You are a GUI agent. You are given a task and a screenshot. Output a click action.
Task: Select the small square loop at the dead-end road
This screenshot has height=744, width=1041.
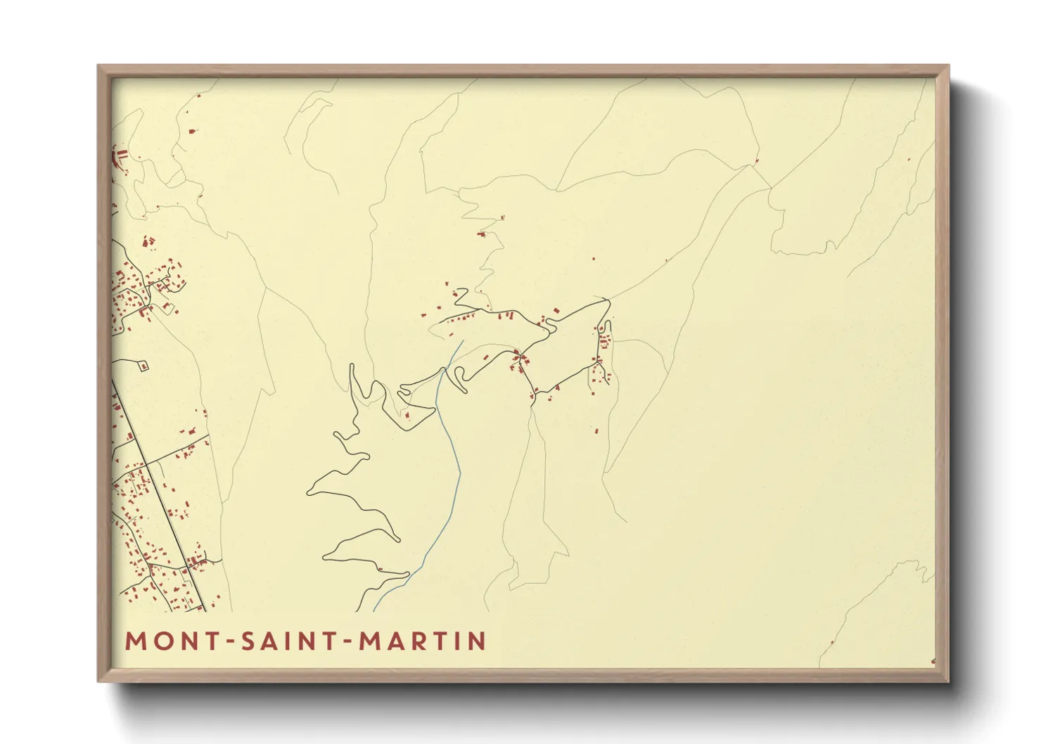coord(144,366)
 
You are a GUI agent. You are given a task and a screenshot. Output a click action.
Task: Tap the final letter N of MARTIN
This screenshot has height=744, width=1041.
coord(478,641)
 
